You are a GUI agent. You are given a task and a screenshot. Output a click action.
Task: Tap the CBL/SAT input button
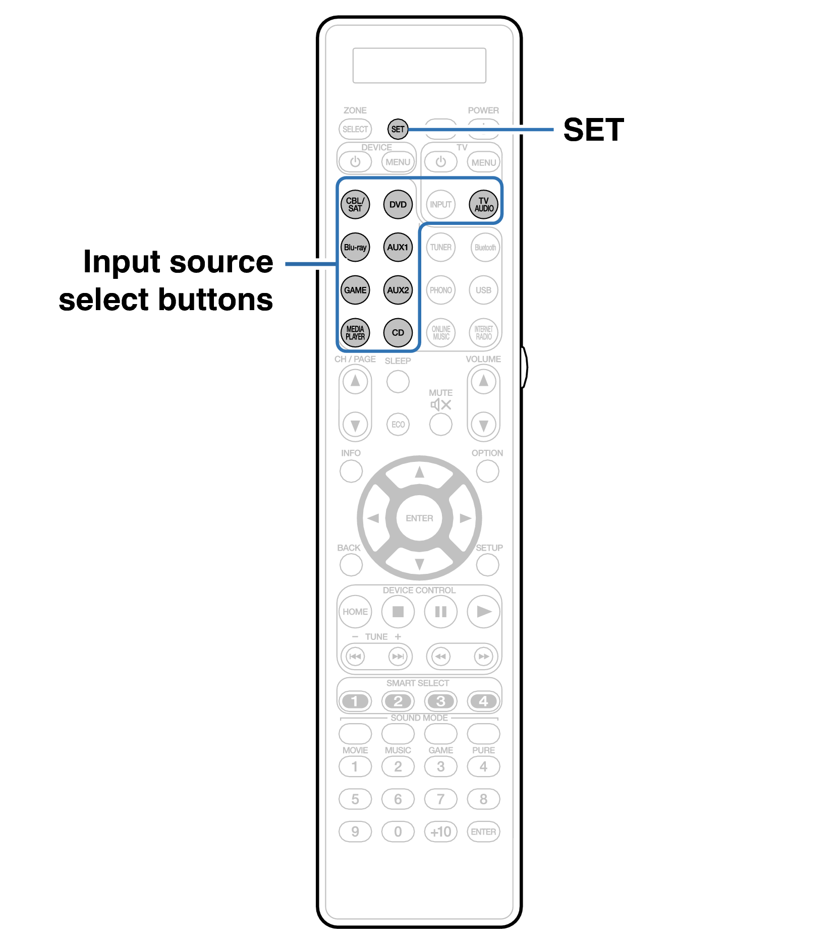355,205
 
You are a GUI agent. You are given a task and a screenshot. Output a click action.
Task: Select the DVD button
398,205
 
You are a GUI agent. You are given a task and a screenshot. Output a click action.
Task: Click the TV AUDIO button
483,205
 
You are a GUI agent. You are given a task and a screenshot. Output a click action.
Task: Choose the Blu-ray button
355,248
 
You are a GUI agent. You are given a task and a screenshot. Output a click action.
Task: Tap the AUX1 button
398,248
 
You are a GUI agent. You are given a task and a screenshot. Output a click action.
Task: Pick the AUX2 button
398,290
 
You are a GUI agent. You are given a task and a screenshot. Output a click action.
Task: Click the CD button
398,333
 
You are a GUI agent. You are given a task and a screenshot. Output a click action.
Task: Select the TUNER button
440,248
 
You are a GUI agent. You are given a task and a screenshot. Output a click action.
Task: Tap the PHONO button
440,290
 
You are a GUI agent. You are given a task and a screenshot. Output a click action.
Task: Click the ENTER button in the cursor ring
419,518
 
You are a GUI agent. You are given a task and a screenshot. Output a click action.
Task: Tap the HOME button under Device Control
355,612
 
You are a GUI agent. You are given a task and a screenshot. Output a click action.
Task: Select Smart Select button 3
440,701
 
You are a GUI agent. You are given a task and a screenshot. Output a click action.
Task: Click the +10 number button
440,832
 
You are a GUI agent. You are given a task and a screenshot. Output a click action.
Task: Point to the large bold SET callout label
593,130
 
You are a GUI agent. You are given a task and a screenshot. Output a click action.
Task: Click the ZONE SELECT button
355,129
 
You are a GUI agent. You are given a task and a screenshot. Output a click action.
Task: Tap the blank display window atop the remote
419,66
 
